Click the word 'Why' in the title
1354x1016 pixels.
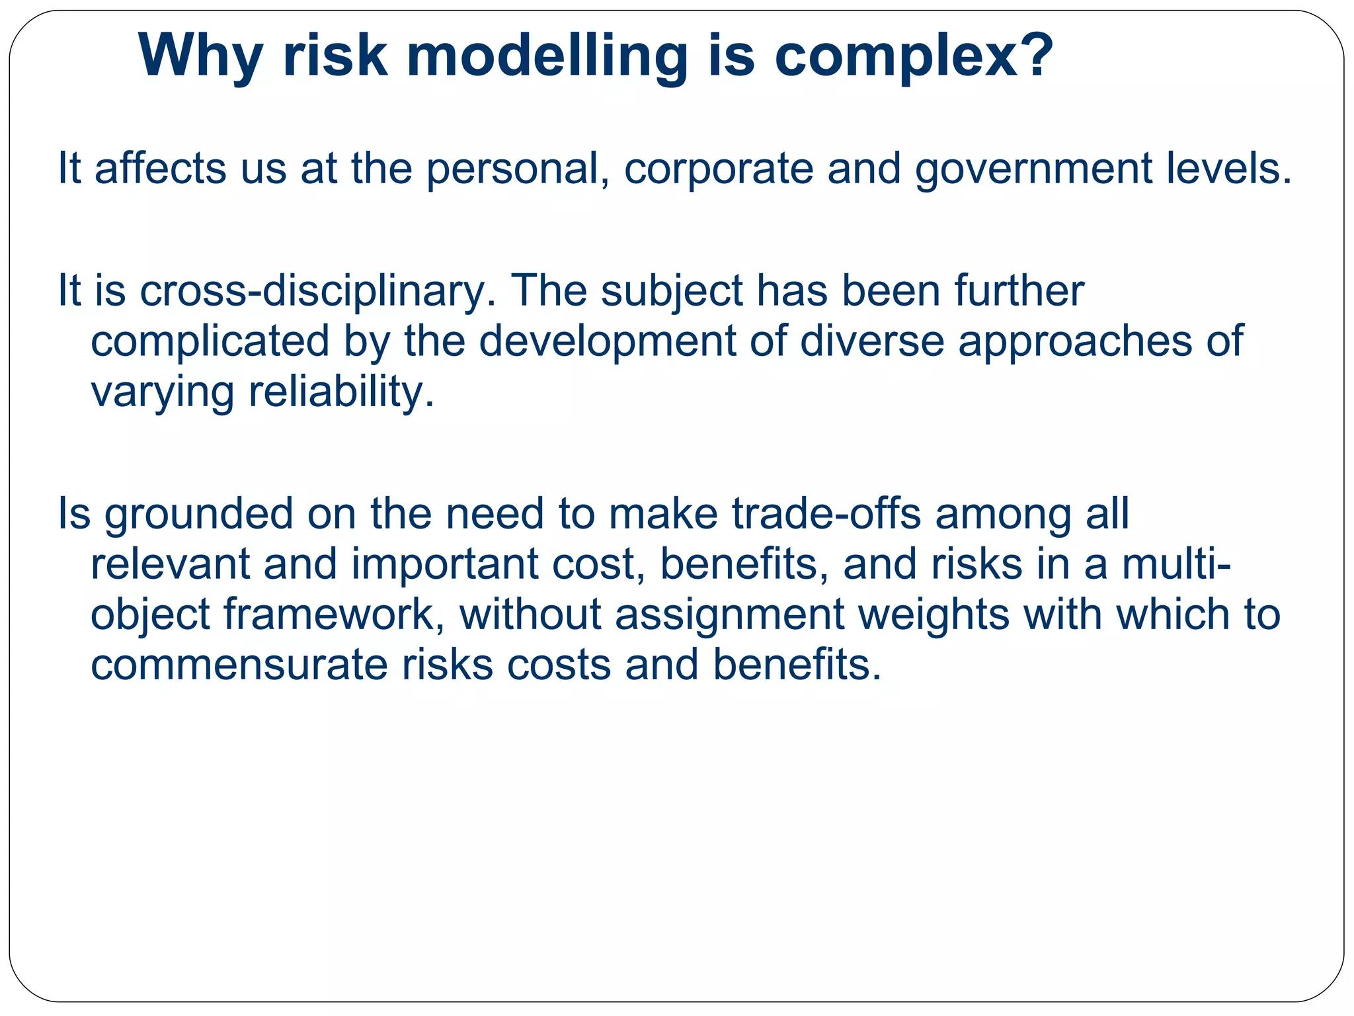click(200, 56)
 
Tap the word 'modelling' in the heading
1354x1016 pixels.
click(547, 56)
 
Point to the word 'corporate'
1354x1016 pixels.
click(719, 169)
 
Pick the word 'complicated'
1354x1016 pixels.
click(210, 341)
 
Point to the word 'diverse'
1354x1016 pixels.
click(872, 341)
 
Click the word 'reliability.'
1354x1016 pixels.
click(342, 392)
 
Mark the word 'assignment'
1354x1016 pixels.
click(730, 614)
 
